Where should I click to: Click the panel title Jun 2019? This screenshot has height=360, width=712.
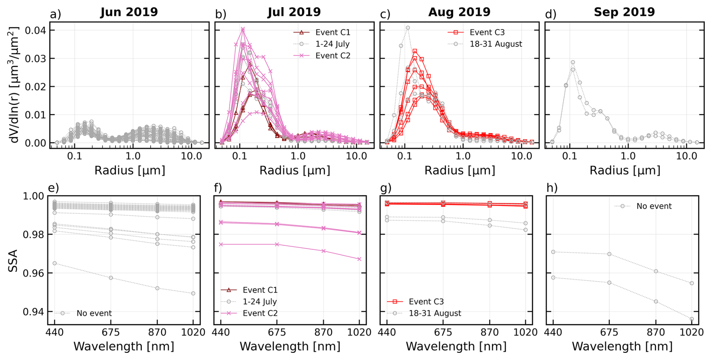[129, 12]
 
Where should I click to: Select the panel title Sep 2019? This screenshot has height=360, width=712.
[624, 12]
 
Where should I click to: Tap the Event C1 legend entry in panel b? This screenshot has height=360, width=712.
[333, 32]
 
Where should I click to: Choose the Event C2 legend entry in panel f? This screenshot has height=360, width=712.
[260, 313]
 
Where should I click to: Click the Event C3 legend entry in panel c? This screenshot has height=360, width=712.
[487, 32]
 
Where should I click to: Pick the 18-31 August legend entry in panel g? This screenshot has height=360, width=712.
[435, 313]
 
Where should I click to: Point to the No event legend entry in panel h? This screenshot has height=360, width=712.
[654, 206]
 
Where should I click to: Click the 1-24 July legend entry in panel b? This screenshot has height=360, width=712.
[332, 44]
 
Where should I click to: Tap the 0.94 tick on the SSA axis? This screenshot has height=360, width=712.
[33, 312]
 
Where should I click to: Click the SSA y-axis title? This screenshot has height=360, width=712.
[13, 261]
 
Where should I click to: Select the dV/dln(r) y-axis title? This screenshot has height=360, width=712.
[14, 85]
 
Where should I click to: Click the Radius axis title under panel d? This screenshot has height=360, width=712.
[625, 171]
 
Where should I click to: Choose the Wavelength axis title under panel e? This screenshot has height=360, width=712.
[124, 346]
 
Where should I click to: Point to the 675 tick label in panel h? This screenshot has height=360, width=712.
[609, 333]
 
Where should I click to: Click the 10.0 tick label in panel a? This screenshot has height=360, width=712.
[191, 156]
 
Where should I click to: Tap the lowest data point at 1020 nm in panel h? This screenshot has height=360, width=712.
[692, 319]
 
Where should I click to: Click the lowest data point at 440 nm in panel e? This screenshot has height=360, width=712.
[55, 263]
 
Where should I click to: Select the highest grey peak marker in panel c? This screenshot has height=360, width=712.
[408, 28]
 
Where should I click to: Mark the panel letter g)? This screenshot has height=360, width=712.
[386, 188]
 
